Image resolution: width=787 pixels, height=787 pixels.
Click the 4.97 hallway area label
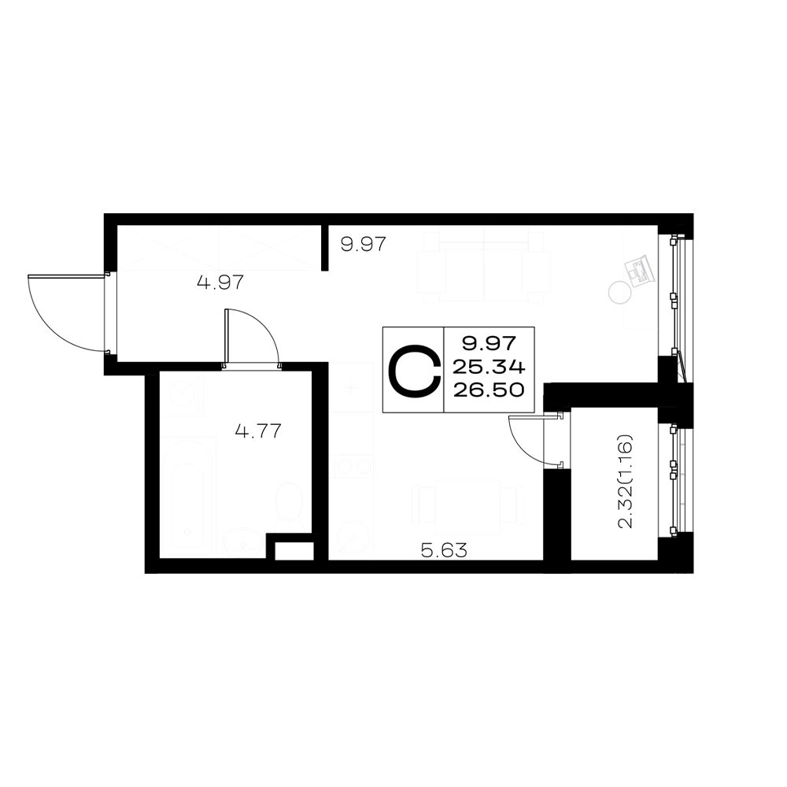pos(221,282)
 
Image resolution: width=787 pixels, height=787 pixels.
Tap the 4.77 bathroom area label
pos(258,430)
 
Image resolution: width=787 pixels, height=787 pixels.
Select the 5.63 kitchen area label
pos(444,551)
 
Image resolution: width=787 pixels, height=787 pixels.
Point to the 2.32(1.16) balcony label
pos(626,482)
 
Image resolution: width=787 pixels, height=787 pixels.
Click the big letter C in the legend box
pos(415,371)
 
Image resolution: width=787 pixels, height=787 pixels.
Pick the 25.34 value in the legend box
pos(489,368)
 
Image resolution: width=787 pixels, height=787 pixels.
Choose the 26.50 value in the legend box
pos(489,390)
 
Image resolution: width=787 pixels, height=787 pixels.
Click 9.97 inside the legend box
pos(489,344)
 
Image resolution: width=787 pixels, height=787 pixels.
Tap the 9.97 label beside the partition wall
pos(364,245)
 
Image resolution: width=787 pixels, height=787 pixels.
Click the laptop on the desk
pos(639,271)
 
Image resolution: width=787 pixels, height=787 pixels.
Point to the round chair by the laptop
pos(619,292)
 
